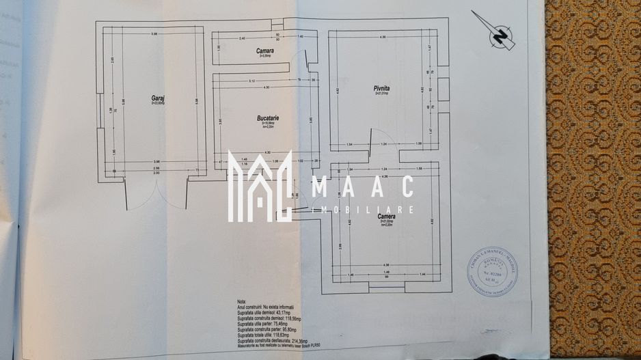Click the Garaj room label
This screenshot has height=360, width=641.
pos(158,98)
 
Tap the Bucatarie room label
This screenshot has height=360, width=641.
pos(267,118)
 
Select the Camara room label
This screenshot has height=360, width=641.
pos(265,51)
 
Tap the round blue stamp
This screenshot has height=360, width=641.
pos(492,271)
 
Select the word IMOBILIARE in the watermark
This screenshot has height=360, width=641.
pos(363,210)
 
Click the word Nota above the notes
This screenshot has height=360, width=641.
pos(242,301)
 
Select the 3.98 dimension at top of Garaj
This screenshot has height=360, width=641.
pos(154,34)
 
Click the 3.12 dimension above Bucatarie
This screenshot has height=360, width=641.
pos(251,81)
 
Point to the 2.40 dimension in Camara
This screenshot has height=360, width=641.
pos(241,39)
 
